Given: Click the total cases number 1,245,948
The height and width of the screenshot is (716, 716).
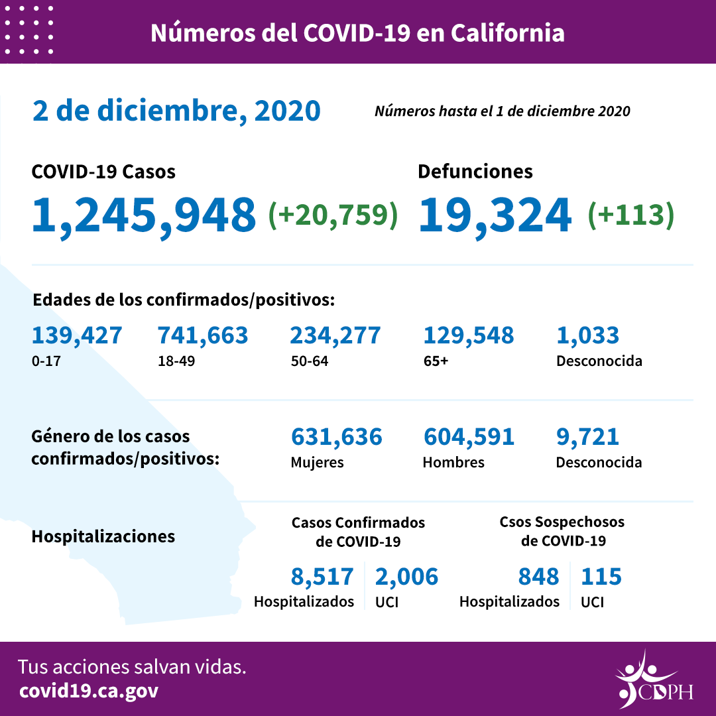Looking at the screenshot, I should [x=144, y=215].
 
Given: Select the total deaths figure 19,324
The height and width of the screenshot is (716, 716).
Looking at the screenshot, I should [x=495, y=215].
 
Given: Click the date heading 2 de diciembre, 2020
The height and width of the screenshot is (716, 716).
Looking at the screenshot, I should [x=176, y=111].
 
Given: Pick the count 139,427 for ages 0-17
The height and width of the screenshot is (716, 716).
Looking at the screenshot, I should [x=77, y=335].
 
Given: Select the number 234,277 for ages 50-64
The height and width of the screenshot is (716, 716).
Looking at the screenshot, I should [x=335, y=335].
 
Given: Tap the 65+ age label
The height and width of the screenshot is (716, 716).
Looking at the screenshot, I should [x=435, y=361].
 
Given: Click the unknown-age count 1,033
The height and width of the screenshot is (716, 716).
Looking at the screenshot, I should [x=587, y=335].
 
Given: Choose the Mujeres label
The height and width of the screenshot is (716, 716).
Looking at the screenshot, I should [x=317, y=462].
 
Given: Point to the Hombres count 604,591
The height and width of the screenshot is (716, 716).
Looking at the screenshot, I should [x=468, y=437].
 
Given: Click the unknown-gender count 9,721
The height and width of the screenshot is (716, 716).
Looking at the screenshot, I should [x=587, y=437].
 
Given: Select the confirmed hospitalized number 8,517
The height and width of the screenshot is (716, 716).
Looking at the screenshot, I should [x=322, y=577].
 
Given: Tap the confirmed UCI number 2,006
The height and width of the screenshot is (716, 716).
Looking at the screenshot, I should [x=406, y=577].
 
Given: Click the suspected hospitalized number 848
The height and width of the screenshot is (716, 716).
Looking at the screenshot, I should [x=538, y=577].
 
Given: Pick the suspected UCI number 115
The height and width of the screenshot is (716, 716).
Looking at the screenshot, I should [x=601, y=577].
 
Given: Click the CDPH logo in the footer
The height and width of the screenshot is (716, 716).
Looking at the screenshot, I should [x=653, y=680].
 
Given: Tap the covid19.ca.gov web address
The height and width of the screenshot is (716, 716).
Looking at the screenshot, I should [x=89, y=691].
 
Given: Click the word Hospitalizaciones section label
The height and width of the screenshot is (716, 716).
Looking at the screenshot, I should [x=103, y=536].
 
